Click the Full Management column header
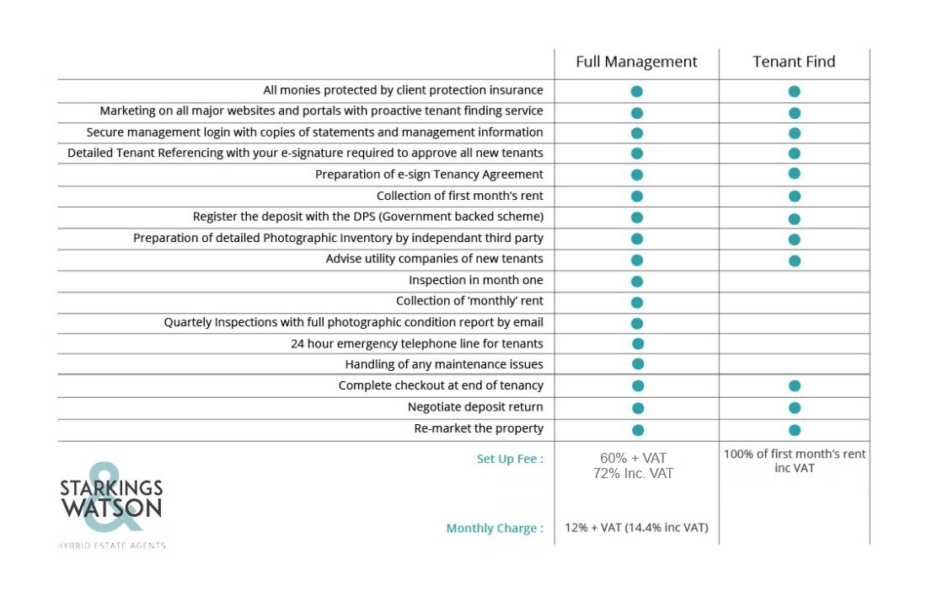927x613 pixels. pos(636,62)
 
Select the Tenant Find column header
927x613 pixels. pos(794,62)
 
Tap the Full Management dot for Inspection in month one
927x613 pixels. pos(637,281)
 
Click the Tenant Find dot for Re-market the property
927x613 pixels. pos(795,430)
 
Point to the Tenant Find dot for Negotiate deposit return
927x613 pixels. pos(795,407)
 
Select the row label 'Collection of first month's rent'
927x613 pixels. pos(460,196)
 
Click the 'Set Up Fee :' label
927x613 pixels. pos(510,459)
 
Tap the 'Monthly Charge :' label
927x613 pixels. pos(494,529)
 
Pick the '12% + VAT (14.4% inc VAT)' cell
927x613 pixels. pos(636,528)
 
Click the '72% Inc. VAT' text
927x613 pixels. pos(633,473)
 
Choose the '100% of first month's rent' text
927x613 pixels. pos(795,454)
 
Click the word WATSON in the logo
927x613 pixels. pos(111,508)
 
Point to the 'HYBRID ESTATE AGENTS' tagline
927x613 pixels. pos(112,546)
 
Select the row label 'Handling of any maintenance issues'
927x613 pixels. pos(444,364)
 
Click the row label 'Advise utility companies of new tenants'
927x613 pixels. pos(435,259)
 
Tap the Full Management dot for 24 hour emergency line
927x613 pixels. pos(637,344)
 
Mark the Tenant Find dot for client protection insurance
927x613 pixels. pos(794,91)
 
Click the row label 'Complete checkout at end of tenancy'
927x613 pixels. pos(441,386)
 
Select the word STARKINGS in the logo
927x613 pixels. pos(111,488)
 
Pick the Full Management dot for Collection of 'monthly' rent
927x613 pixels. pos(637,303)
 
